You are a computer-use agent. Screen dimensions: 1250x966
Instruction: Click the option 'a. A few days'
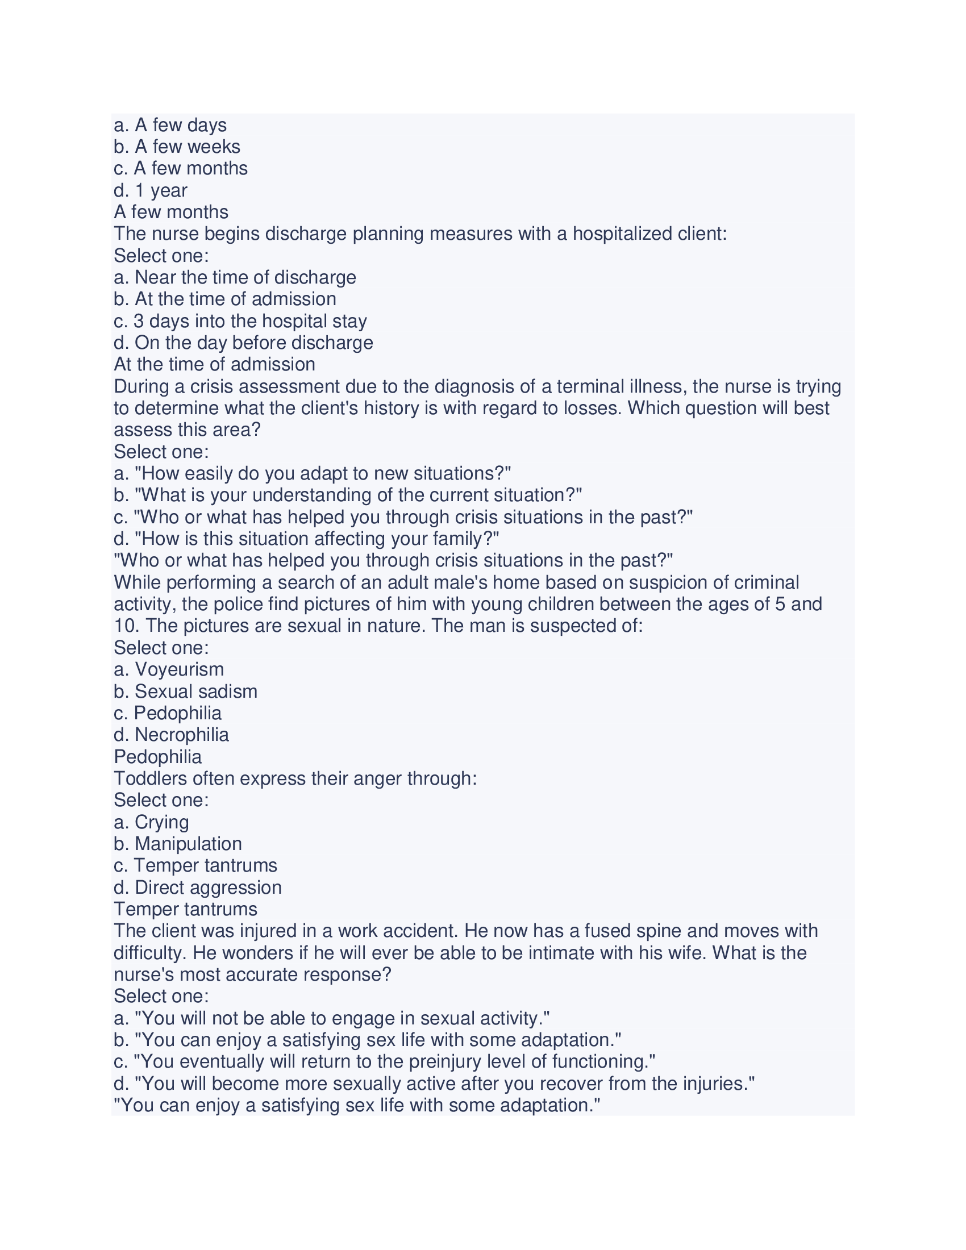point(170,126)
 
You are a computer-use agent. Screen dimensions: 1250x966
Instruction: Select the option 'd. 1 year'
point(151,190)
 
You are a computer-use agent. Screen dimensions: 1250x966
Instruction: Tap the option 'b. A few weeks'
point(177,147)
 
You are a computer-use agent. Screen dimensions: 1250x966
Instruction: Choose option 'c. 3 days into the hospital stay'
point(240,321)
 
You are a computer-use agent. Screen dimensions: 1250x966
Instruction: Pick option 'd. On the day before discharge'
point(243,343)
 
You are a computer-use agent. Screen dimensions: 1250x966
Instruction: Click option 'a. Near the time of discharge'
point(235,278)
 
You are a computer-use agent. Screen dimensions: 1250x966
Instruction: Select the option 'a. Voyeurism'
point(169,670)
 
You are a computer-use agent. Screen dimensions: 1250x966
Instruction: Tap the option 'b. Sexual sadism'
point(185,691)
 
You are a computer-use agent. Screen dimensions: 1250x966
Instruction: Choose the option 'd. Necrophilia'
point(171,735)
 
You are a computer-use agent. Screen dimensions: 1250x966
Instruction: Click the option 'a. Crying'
point(151,823)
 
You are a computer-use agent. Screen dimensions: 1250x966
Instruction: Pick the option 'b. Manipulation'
point(177,844)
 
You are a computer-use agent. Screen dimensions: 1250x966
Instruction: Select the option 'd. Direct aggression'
point(197,888)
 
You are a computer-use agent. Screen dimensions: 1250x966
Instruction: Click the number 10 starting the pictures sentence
point(124,626)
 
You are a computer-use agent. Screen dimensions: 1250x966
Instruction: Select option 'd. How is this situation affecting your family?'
point(306,539)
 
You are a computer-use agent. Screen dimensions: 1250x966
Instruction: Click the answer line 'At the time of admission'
point(215,365)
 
